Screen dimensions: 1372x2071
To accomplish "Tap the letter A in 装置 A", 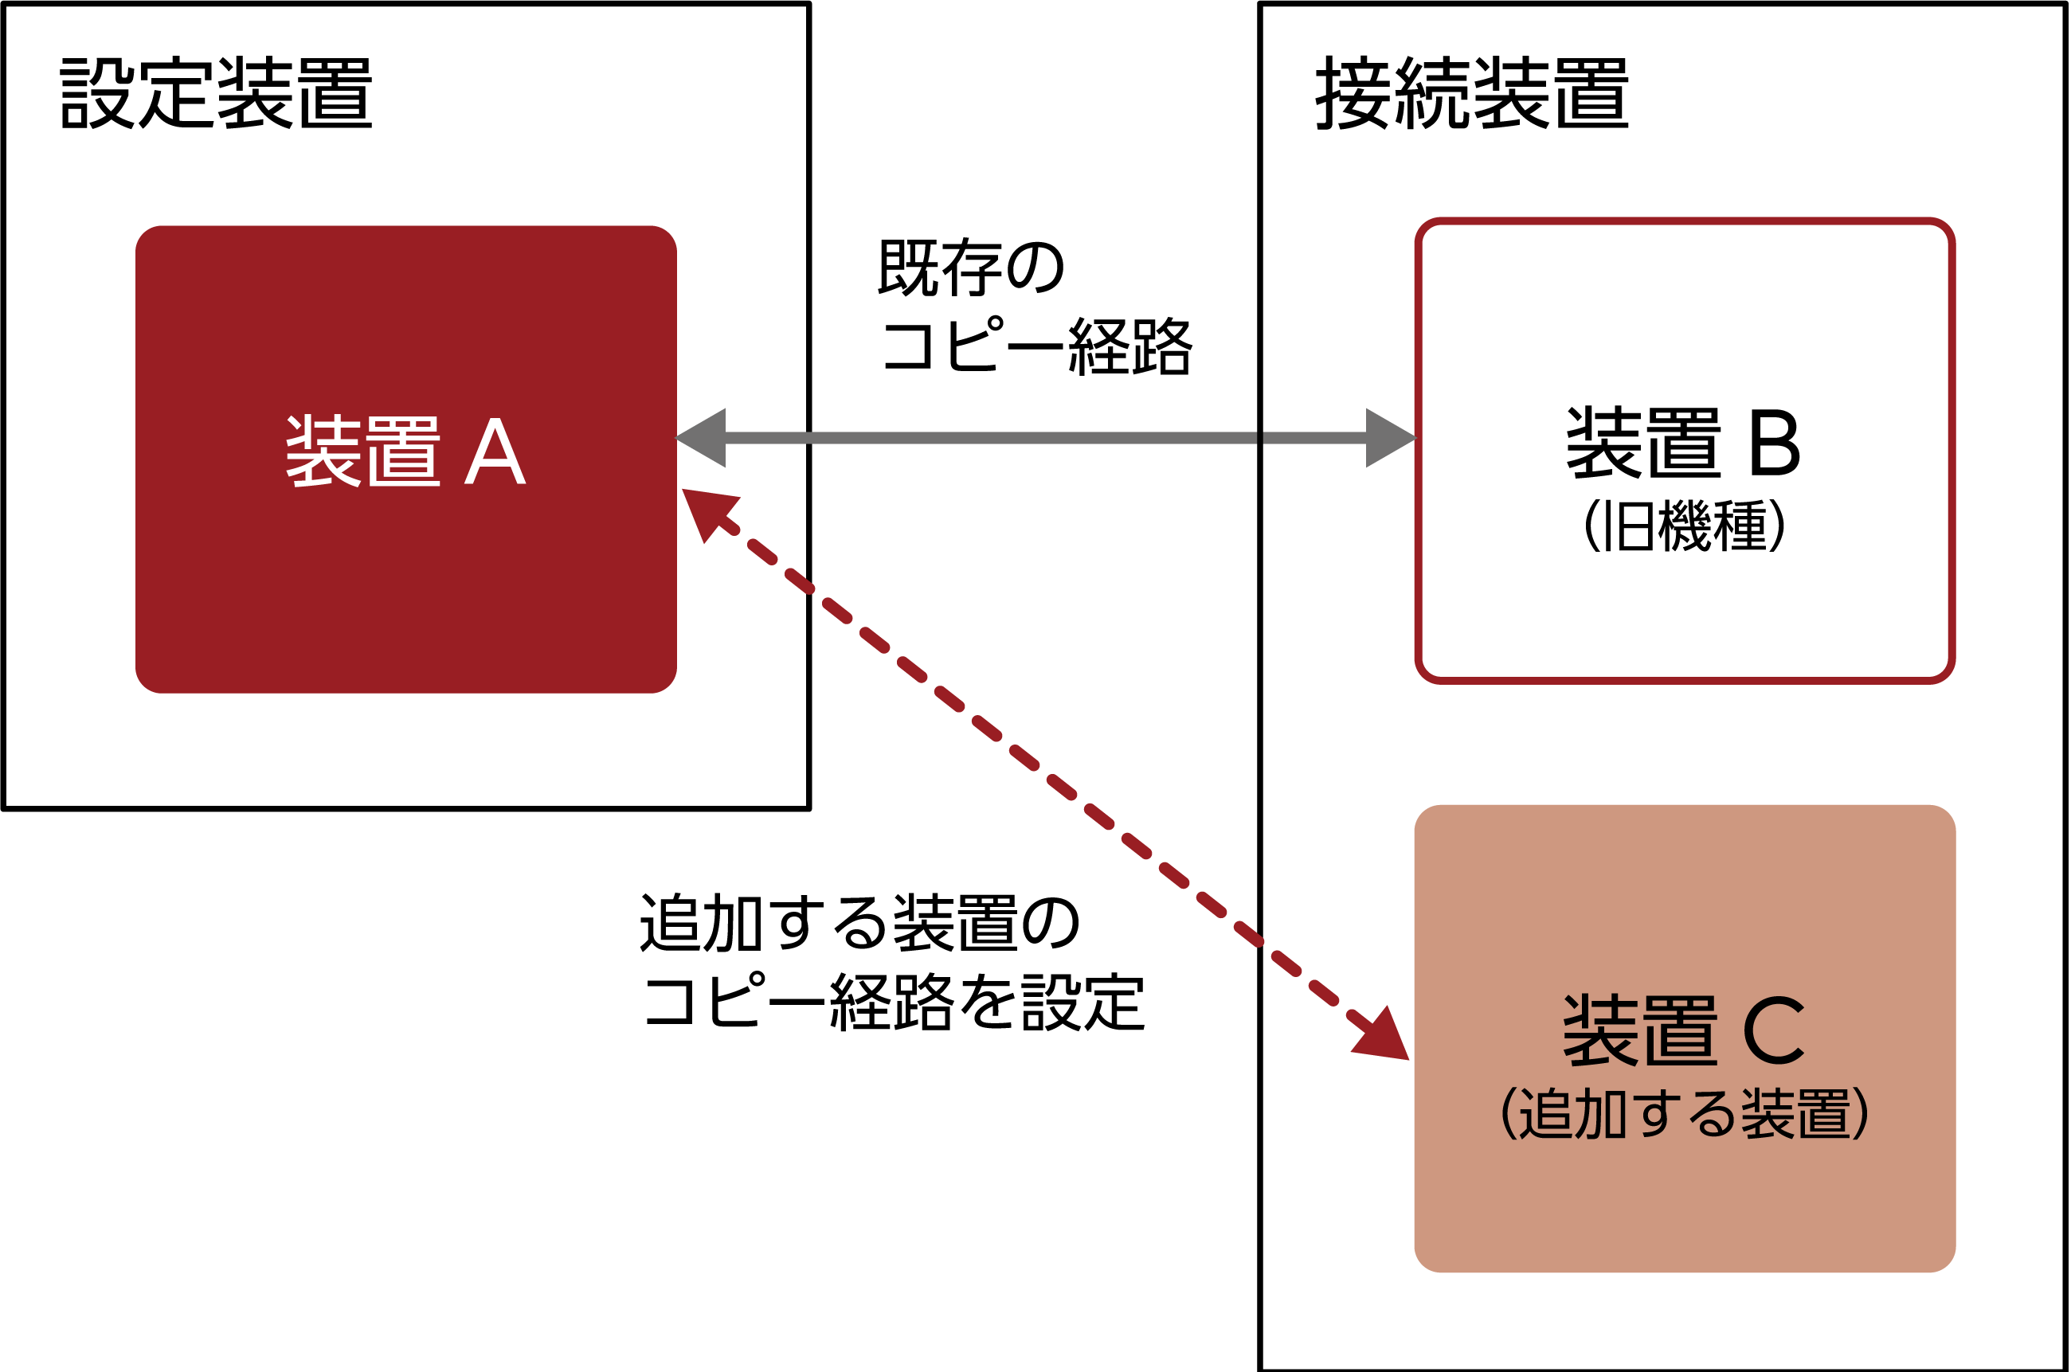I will coord(495,451).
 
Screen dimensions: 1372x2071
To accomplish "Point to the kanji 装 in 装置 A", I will coord(323,451).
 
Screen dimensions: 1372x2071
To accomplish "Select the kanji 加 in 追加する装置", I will coord(1601,1114).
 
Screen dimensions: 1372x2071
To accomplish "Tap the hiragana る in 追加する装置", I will coord(1711,1114).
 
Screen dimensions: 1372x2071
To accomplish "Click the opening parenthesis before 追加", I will coord(1508,1114).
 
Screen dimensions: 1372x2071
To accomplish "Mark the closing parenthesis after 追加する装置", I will coord(1861,1114).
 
